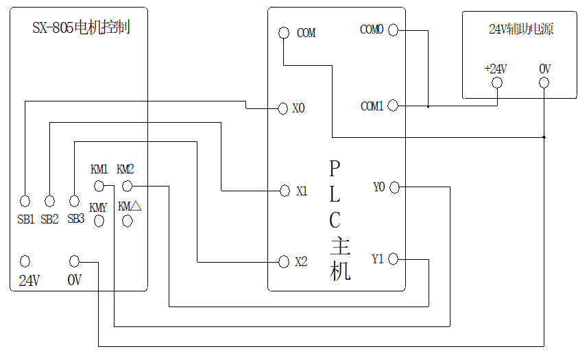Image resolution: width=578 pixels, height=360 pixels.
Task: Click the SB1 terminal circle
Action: (25, 201)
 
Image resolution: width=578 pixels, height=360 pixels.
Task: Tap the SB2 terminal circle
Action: (49, 201)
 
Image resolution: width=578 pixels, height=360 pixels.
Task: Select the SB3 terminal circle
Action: (74, 201)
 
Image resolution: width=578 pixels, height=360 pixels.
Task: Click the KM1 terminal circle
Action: (99, 186)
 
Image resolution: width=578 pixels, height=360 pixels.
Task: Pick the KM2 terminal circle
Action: (127, 186)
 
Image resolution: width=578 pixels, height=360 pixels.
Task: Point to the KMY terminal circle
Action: (99, 221)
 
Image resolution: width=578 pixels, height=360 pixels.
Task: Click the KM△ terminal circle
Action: (128, 221)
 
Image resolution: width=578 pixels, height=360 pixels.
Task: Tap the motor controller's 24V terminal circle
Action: (25, 261)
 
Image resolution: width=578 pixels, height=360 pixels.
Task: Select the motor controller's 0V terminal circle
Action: (75, 261)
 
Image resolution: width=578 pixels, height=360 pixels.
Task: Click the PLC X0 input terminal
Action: (282, 108)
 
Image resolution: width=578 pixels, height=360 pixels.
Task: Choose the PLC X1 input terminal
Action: (285, 191)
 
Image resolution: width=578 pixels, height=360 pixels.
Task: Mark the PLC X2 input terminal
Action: (284, 262)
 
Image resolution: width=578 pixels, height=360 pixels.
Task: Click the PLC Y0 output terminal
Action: (394, 187)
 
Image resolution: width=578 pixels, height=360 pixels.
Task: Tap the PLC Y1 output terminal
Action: (394, 259)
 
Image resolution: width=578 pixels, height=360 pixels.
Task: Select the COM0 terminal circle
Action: (394, 29)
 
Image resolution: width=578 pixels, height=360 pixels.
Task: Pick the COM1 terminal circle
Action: (394, 106)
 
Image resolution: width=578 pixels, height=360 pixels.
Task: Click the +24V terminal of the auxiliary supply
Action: (497, 83)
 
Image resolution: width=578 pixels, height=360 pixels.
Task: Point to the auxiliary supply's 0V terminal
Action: (544, 83)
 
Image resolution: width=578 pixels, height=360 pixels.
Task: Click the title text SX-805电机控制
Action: (81, 28)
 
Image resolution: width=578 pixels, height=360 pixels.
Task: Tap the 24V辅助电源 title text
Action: (521, 29)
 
